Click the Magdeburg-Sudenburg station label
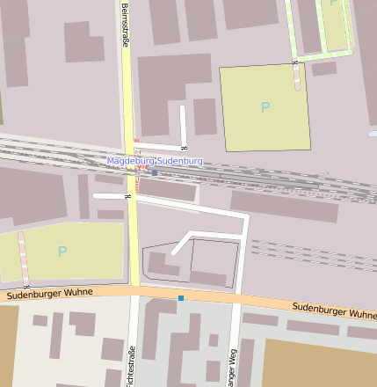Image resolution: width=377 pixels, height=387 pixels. pos(155,161)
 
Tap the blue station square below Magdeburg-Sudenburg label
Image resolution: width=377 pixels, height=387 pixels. pos(156,172)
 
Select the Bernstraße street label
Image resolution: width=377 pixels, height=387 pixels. pos(126,26)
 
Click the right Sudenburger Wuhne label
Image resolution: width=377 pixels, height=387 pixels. pos(333,310)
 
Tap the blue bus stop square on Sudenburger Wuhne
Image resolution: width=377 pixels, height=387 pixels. pos(181,298)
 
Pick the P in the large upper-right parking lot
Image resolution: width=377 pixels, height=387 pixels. pos(265,107)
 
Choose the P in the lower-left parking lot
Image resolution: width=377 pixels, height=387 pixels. pos(62,252)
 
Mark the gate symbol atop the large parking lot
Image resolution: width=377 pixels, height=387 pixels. pos(294,63)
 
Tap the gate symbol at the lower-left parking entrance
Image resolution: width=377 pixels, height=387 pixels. pos(25,285)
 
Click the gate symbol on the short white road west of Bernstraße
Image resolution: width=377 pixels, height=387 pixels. pos(128,196)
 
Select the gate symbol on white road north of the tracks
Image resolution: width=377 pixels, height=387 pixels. pos(184,146)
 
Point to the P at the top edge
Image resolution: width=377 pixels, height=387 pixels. pos(333,4)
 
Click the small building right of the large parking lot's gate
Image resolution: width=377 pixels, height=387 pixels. pos(323,68)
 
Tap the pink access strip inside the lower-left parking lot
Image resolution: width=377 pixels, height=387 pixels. pos(24,258)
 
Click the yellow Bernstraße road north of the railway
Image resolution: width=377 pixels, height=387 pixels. pos(127,88)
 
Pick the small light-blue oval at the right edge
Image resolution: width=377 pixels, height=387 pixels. pos(373,134)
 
